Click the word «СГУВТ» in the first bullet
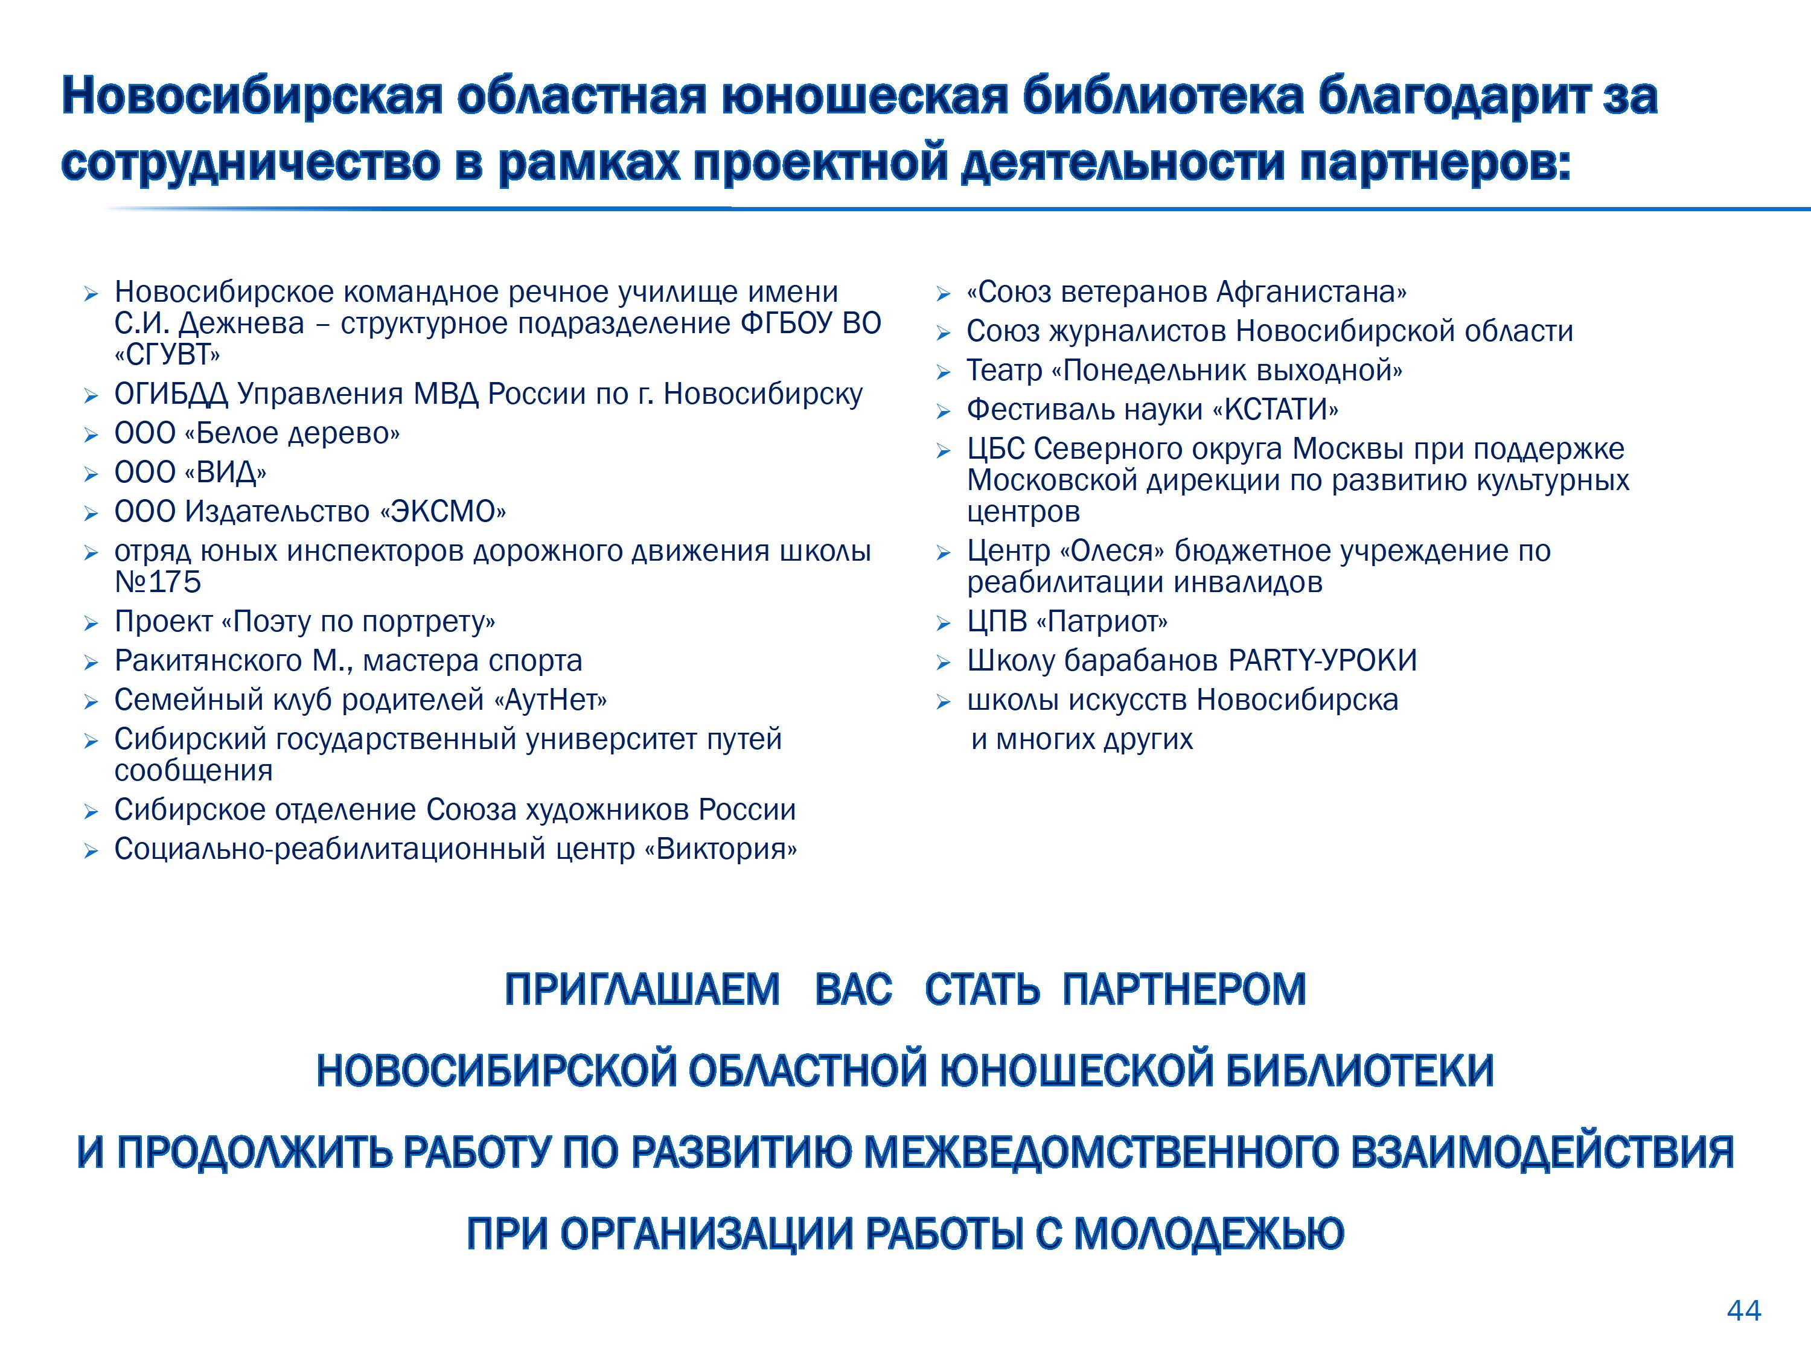167,355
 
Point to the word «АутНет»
550,700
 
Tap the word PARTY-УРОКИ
1322,660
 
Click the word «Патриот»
1102,622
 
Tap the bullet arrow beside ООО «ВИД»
91,474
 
